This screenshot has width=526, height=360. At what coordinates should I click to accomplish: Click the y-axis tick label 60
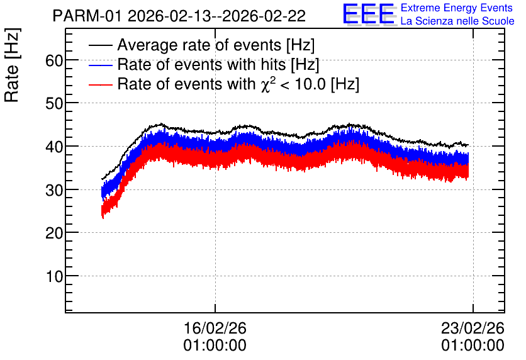[54, 60]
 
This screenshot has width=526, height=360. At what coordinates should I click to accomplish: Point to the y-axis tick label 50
[54, 104]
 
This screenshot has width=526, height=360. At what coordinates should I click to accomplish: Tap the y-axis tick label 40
[54, 147]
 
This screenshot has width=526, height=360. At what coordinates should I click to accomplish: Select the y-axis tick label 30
[54, 190]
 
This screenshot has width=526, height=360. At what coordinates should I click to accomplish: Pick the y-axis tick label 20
[54, 233]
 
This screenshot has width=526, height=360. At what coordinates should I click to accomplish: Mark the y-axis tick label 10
[54, 276]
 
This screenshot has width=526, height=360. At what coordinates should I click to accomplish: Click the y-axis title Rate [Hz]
[12, 65]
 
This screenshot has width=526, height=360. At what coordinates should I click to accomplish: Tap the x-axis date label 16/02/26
[215, 328]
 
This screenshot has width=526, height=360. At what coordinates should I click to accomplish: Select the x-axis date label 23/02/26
[473, 328]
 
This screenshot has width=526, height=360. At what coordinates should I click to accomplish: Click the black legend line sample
[100, 45]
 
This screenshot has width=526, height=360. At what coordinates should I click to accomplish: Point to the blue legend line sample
[100, 65]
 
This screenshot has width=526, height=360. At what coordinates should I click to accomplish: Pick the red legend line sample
[100, 84]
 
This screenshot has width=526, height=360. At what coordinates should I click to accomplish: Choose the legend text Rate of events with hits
[201, 64]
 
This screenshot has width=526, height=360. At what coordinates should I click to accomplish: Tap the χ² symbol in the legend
[268, 84]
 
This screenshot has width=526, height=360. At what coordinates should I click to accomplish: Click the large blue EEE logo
[368, 14]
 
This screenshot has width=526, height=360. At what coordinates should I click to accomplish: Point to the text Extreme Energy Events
[457, 8]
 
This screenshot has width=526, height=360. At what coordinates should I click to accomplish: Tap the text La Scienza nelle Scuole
[457, 21]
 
